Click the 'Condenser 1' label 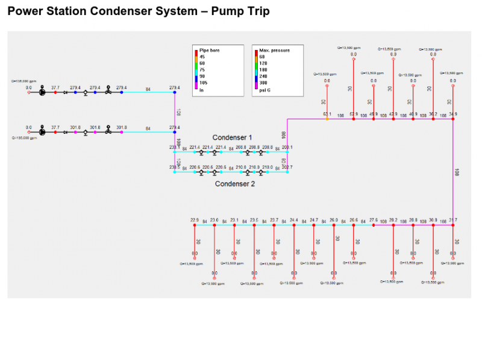point(232,137)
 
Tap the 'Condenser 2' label point(234,184)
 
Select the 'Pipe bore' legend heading point(210,51)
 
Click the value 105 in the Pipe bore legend point(203,83)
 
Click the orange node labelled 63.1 point(327,119)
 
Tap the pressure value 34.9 point(452,113)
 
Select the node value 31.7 point(452,219)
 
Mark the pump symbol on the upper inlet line point(42,92)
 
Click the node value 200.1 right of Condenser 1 point(287,147)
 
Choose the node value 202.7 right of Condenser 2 point(287,167)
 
